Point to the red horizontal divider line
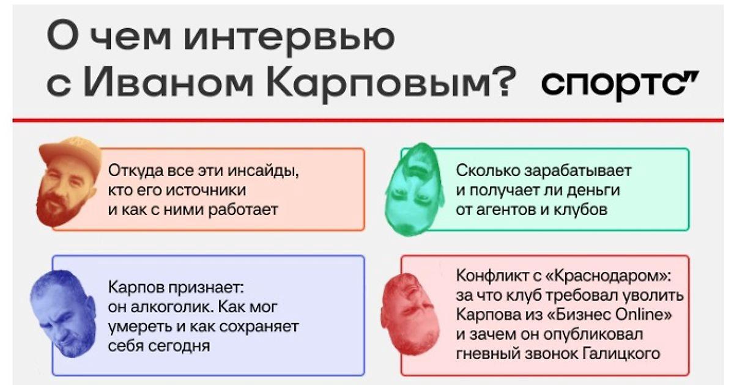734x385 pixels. [x=368, y=120]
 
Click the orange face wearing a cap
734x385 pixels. [x=69, y=182]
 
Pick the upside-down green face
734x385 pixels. [x=415, y=189]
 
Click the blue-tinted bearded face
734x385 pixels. [x=63, y=313]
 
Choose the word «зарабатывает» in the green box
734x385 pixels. [x=577, y=171]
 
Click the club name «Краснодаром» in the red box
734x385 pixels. [x=609, y=276]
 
